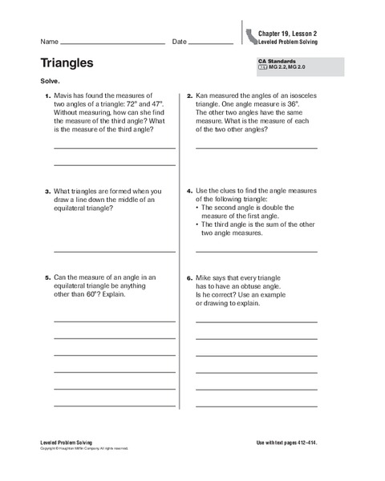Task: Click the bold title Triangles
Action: click(67, 63)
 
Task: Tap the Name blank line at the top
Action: click(112, 42)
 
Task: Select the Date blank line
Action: click(211, 42)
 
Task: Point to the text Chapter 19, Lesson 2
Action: click(287, 33)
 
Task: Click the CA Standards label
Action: click(278, 61)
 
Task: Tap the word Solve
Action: click(50, 82)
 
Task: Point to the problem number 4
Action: click(189, 192)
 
